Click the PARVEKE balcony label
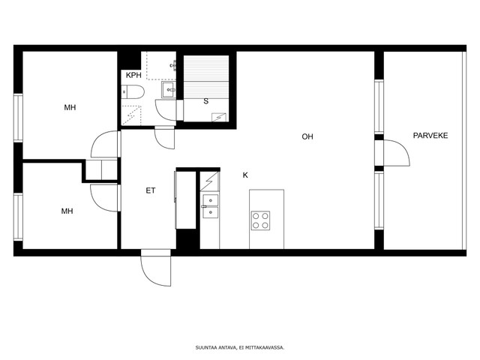(430, 135)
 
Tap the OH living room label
(307, 136)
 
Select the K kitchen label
(245, 175)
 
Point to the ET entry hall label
(151, 190)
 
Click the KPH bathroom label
(133, 75)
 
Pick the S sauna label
(206, 101)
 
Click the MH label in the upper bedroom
(70, 107)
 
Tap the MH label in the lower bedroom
(67, 211)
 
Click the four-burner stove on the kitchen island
(260, 220)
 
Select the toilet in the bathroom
(133, 91)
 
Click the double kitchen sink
(211, 206)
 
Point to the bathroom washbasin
(169, 89)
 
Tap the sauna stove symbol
(219, 118)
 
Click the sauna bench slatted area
(206, 76)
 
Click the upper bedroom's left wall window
(18, 118)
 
